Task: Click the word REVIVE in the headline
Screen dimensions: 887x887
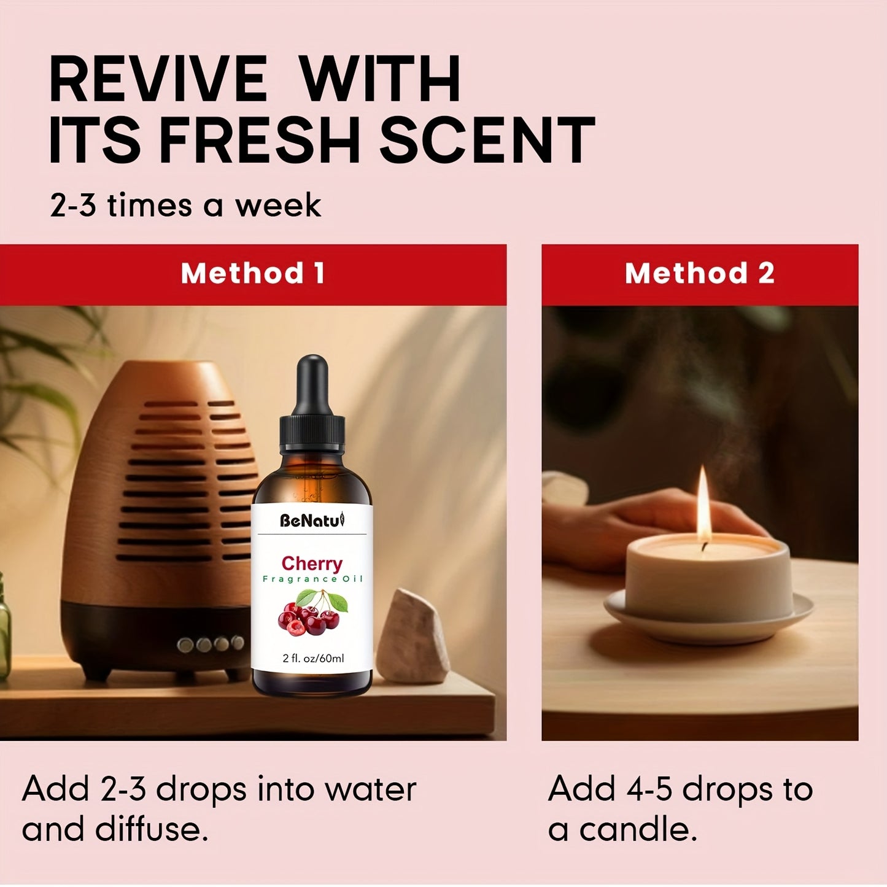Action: (x=158, y=79)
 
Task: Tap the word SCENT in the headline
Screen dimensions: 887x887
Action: (x=487, y=141)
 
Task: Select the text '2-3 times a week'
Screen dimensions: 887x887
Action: (x=185, y=205)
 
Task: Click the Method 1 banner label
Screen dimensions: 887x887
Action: (x=252, y=273)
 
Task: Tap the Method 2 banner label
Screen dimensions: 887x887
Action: (x=699, y=273)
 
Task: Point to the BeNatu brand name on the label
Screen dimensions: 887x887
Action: (x=312, y=521)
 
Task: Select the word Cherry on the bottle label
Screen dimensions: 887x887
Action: (x=312, y=563)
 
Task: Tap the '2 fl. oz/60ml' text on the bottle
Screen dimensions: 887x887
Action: (x=313, y=658)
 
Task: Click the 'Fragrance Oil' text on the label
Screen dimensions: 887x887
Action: (x=312, y=579)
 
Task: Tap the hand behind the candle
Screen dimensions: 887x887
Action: (x=614, y=528)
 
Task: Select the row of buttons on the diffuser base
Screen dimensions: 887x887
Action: (x=211, y=644)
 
